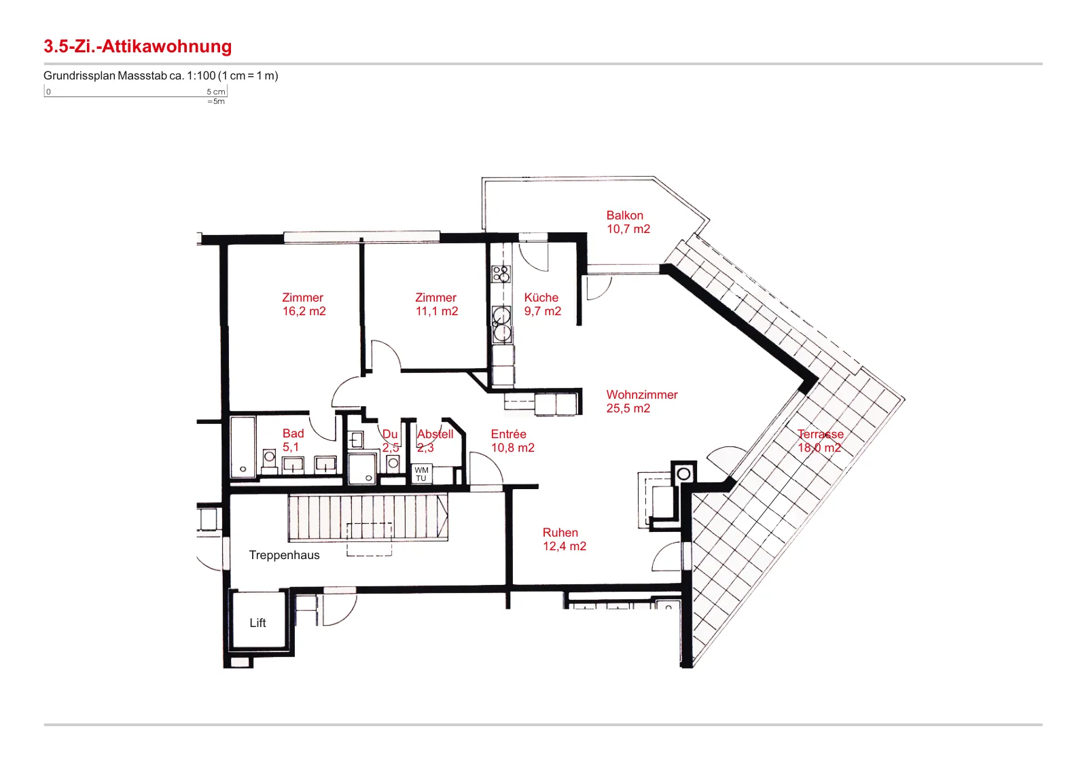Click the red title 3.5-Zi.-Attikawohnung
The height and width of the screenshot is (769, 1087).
coord(138,47)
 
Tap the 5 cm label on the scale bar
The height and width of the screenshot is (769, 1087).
coord(216,92)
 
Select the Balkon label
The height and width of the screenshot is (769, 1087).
coord(624,215)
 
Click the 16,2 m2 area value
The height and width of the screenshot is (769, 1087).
coord(304,312)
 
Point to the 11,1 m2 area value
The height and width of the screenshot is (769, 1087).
coord(437,312)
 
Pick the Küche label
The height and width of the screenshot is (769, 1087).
coord(541,298)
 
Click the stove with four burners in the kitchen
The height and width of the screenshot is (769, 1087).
coord(501,274)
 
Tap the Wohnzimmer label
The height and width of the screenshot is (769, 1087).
coord(642,395)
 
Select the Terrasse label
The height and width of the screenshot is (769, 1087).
coord(821,434)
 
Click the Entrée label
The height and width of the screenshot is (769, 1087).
coord(509,434)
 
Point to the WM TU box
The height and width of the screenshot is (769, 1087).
coord(421,474)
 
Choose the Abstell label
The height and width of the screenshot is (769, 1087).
coord(435,434)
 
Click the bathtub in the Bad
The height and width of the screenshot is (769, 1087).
coord(243,447)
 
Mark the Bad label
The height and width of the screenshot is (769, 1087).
coord(293,433)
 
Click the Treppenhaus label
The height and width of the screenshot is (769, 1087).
coord(285,556)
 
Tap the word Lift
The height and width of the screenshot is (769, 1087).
coord(257,623)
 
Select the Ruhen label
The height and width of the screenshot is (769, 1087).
coord(560,533)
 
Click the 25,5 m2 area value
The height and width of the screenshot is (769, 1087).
coord(628,408)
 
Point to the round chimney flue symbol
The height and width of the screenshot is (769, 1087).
coord(683,474)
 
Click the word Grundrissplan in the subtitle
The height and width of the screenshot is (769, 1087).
coord(79,76)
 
